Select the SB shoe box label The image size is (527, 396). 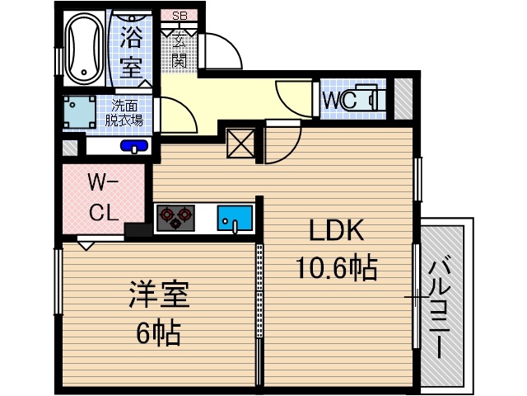point(180,15)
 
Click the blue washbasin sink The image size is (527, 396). point(133,147)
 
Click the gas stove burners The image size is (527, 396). point(175,218)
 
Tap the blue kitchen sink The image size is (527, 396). point(235,219)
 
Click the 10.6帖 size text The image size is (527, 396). point(336,266)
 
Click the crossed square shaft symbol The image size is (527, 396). point(241,144)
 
